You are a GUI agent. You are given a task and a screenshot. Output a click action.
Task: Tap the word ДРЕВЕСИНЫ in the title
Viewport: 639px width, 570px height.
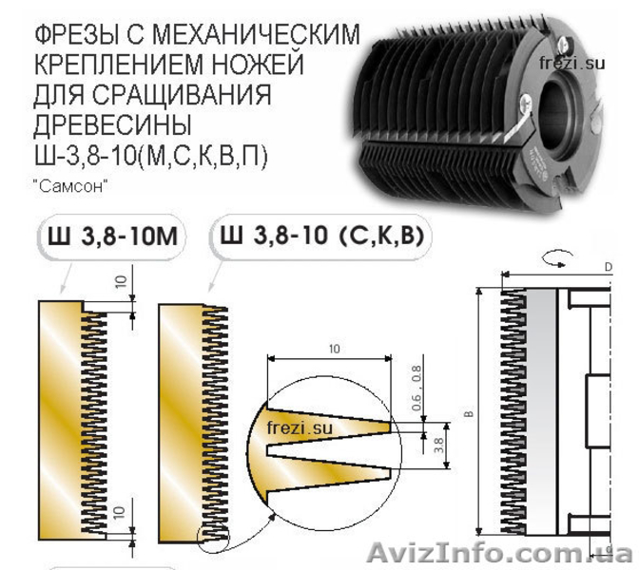pyautogui.click(x=112, y=124)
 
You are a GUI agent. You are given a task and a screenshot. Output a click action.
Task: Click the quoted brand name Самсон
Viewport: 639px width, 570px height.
pyautogui.click(x=72, y=186)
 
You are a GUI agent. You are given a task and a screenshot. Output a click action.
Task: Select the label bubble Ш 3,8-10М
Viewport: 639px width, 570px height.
pyautogui.click(x=112, y=237)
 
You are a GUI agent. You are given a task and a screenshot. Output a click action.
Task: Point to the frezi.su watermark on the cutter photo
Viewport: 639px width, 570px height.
pyautogui.click(x=571, y=63)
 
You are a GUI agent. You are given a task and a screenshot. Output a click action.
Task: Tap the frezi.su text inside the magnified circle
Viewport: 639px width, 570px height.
pyautogui.click(x=300, y=427)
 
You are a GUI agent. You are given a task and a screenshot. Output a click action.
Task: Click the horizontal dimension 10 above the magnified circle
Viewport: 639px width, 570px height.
pyautogui.click(x=334, y=349)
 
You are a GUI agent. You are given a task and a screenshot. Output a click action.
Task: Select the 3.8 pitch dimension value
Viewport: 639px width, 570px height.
pyautogui.click(x=439, y=446)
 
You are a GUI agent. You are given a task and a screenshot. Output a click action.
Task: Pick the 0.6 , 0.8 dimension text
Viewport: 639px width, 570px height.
pyautogui.click(x=416, y=388)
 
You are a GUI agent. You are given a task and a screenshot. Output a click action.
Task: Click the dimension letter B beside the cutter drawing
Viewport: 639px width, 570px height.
pyautogui.click(x=470, y=413)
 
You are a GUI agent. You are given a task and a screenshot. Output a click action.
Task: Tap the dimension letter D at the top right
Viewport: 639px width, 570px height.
pyautogui.click(x=609, y=267)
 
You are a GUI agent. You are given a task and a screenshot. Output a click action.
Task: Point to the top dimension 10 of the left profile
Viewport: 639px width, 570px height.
pyautogui.click(x=122, y=281)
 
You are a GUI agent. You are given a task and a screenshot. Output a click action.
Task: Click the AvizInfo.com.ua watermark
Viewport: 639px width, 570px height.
pyautogui.click(x=499, y=554)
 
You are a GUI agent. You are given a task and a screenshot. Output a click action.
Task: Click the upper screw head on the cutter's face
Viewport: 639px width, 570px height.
pyautogui.click(x=565, y=43)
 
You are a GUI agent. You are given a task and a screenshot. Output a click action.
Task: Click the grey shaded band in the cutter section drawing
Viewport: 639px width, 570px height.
pyautogui.click(x=542, y=411)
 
